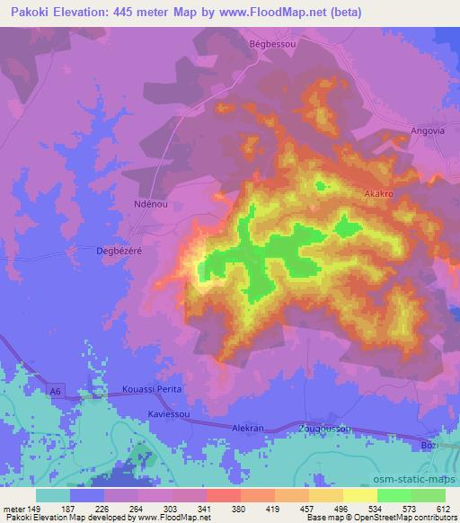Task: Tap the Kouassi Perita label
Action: (152, 390)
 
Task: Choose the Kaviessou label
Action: (171, 413)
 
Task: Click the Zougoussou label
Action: (326, 430)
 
